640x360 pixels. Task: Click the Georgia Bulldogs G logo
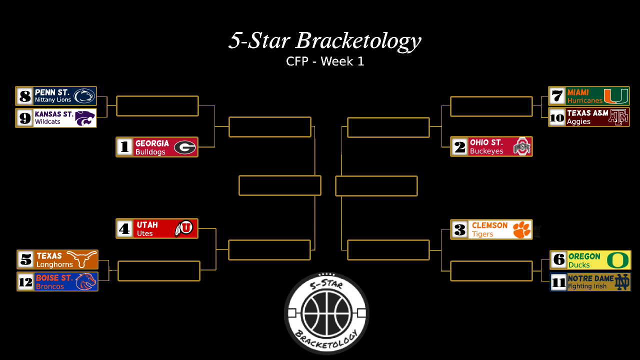point(185,147)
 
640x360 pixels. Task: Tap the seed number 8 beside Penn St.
point(24,96)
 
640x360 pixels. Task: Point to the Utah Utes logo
point(184,228)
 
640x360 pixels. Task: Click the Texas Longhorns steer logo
point(82,259)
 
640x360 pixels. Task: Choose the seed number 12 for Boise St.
point(25,282)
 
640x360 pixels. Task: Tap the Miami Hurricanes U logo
point(616,96)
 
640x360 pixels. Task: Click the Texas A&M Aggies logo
point(617,117)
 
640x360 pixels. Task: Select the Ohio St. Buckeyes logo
point(521,146)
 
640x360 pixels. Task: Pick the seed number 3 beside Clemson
point(459,229)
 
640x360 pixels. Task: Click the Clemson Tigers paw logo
point(521,229)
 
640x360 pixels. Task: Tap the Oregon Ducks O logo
point(617,260)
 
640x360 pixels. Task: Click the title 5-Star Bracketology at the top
point(325,41)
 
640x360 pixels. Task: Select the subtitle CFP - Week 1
point(325,61)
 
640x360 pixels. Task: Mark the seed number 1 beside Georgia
point(125,147)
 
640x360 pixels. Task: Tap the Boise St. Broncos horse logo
point(85,281)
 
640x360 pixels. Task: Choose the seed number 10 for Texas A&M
point(557,117)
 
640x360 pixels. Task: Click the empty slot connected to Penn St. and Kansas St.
point(157,106)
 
